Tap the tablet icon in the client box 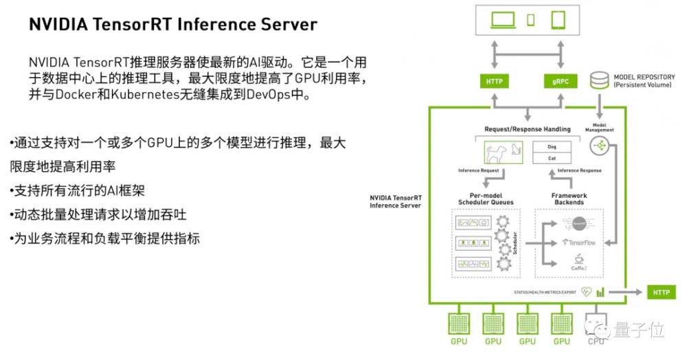[x=557, y=19]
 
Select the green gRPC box [x=561, y=81]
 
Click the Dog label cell [x=552, y=146]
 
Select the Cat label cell [x=552, y=158]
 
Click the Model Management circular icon [x=599, y=145]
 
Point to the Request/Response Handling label [x=527, y=128]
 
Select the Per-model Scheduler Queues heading [x=486, y=199]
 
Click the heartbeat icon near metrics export [x=586, y=291]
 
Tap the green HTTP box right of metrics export [x=661, y=292]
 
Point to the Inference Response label [x=579, y=170]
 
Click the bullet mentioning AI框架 [x=79, y=190]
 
